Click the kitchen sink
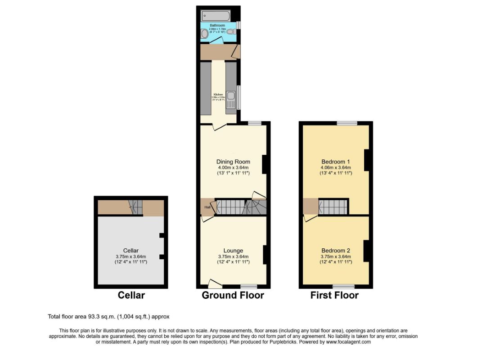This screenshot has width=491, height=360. (231, 95)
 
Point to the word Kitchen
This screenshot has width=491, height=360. (218, 94)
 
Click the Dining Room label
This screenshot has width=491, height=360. (233, 162)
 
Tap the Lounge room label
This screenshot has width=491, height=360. (233, 251)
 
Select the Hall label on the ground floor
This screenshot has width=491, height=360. (207, 207)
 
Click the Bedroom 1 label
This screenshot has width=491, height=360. (335, 162)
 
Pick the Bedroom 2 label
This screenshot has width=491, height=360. (335, 251)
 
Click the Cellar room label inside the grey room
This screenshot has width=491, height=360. (131, 251)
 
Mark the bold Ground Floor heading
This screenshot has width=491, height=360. (233, 295)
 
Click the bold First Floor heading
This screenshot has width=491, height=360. (334, 295)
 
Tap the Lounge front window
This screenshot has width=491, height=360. (248, 286)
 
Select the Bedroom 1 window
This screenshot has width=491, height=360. (347, 123)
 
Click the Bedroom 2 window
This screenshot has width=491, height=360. (343, 286)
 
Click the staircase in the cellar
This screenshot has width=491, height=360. (135, 207)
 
